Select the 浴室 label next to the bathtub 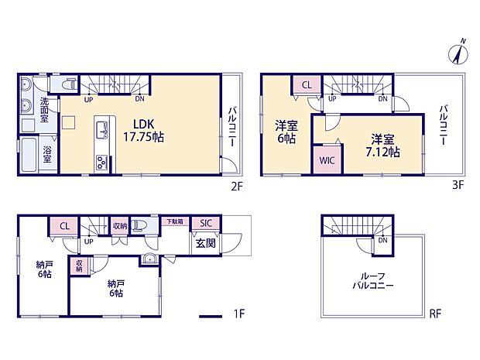pyautogui.click(x=47, y=155)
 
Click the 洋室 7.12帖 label pyautogui.click(x=384, y=146)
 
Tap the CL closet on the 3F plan pyautogui.click(x=306, y=86)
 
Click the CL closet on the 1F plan pyautogui.click(x=64, y=226)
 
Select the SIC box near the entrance pyautogui.click(x=206, y=224)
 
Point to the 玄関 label pyautogui.click(x=205, y=245)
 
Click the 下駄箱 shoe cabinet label pyautogui.click(x=176, y=221)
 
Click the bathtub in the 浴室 pyautogui.click(x=30, y=155)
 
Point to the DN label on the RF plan pyautogui.click(x=382, y=240)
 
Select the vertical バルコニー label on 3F pyautogui.click(x=444, y=127)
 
